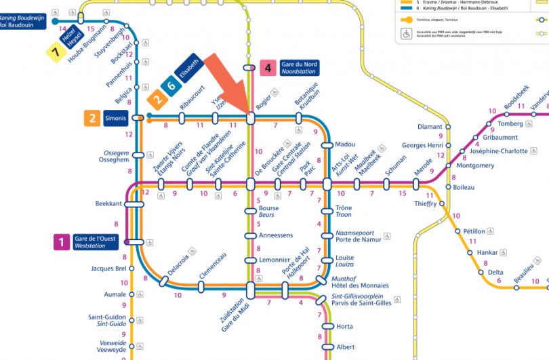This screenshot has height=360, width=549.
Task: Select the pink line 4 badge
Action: (x=268, y=68)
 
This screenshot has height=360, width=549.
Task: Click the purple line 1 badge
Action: (x=62, y=242)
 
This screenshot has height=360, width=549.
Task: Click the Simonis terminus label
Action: (x=115, y=119)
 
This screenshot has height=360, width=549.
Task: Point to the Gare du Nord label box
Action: (x=298, y=67)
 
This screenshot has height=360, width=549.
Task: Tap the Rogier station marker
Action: (x=250, y=118)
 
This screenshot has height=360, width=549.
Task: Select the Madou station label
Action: (x=345, y=144)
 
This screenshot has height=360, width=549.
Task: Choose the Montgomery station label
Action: (x=475, y=165)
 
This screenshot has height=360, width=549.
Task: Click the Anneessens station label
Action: (x=275, y=235)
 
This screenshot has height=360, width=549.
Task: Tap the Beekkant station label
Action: (x=108, y=203)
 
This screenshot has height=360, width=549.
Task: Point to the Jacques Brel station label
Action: (x=108, y=268)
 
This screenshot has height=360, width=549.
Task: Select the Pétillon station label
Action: (x=474, y=231)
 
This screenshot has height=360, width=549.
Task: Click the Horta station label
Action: (x=344, y=327)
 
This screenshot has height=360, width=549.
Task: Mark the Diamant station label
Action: (x=430, y=127)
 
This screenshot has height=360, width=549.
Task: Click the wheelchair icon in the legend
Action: (x=407, y=33)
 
